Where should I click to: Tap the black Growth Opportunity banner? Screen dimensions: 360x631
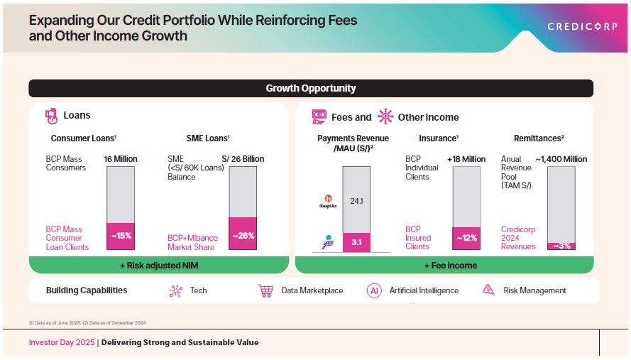[x=311, y=89]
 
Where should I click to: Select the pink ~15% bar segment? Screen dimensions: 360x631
[x=120, y=236]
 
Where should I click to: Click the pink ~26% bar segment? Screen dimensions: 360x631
[x=242, y=234]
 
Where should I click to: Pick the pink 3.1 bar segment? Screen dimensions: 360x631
[x=356, y=242]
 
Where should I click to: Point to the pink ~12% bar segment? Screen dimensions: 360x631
[x=466, y=238]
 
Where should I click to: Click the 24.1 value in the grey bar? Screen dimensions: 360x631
[x=356, y=201]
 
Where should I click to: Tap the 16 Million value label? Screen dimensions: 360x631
[x=120, y=159]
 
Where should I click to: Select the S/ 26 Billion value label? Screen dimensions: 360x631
[x=243, y=159]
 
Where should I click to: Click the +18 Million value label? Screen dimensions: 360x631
[x=466, y=159]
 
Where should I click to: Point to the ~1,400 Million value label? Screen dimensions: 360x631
[x=561, y=159]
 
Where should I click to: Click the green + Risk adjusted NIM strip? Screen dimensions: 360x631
[x=158, y=265]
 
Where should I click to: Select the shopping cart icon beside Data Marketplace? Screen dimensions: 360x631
[x=266, y=290]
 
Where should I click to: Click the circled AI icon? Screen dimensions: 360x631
[x=374, y=290]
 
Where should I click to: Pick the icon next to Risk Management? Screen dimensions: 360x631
[x=488, y=290]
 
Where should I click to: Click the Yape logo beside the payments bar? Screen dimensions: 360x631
[x=328, y=241]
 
